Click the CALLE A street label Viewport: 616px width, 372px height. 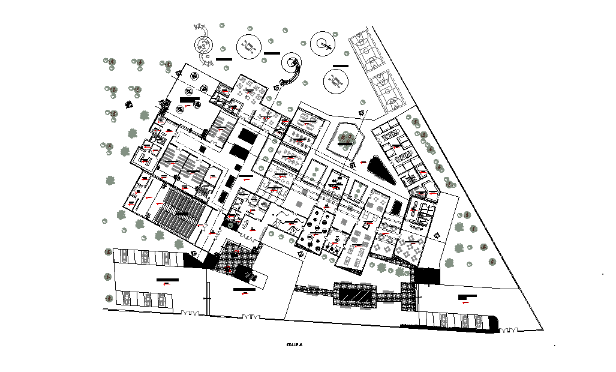point(294,345)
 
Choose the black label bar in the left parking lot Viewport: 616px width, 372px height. point(167,280)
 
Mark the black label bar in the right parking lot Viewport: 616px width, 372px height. point(466,296)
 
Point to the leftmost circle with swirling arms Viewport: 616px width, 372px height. point(203,44)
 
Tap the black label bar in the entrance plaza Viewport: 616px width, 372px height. point(244,290)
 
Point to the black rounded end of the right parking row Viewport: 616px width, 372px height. point(493,323)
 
